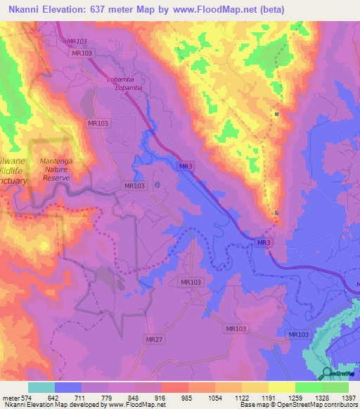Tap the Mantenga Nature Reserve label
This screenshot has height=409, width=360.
point(58,169)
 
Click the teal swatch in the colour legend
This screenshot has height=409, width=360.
point(41,387)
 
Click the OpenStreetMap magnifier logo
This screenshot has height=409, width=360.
point(327,373)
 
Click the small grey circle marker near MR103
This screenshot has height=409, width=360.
point(157,185)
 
